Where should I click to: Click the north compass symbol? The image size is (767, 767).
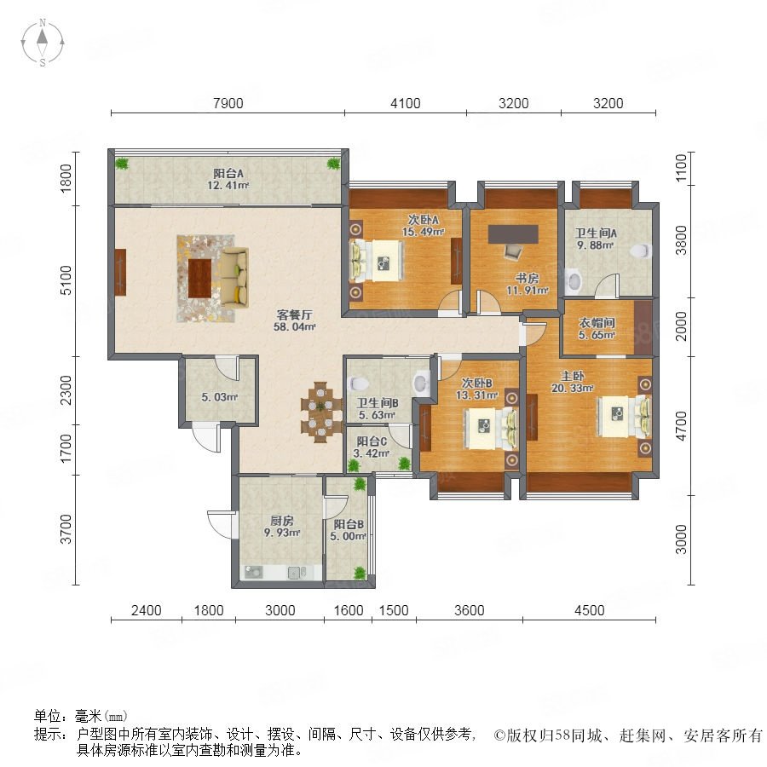43,42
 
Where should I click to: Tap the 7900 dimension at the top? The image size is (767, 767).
228,103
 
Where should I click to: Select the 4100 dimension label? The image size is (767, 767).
406,103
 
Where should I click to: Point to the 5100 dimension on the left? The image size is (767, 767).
66,280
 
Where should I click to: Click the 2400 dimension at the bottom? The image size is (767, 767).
147,610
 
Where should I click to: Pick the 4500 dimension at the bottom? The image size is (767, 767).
590,610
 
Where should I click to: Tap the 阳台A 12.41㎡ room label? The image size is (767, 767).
228,179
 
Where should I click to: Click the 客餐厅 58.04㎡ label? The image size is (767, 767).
294,320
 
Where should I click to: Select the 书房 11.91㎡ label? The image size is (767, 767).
527,284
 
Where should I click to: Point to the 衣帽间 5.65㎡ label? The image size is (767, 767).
597,329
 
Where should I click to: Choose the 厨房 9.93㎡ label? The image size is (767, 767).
282,527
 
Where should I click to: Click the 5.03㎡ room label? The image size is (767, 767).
220,397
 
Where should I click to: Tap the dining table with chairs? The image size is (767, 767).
321,412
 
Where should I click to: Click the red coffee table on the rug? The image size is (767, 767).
199,278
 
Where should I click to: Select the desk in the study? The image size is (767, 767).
513,234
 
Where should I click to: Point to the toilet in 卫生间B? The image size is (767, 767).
356,384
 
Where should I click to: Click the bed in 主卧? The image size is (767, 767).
624,416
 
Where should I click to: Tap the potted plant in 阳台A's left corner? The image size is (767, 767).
122,163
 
